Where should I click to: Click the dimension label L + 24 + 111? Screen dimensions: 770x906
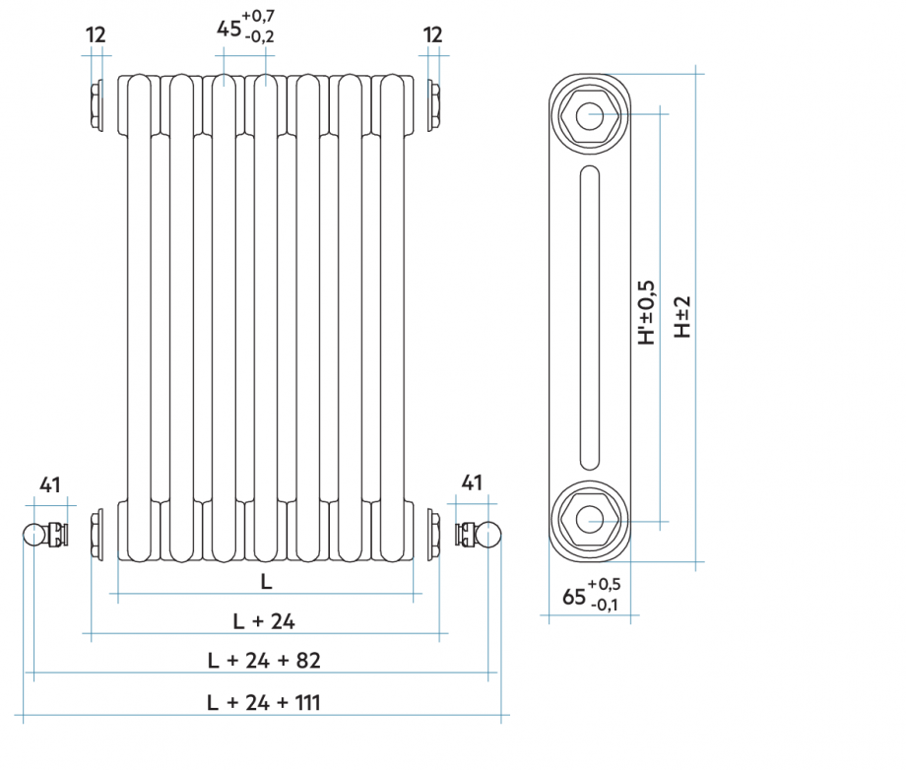(x=264, y=702)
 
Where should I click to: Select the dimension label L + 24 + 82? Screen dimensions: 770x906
(x=264, y=660)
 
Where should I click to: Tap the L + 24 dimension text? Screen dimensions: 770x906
(x=264, y=620)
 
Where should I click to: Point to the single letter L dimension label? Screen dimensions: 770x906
(x=266, y=581)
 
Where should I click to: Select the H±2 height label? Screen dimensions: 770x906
(x=682, y=317)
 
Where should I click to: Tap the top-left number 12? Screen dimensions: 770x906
(x=96, y=35)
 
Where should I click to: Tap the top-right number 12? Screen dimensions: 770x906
(x=433, y=35)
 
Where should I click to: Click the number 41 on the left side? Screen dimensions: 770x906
(x=50, y=483)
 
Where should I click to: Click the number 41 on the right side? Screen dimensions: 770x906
(x=473, y=482)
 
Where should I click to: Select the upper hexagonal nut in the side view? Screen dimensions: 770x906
(x=589, y=116)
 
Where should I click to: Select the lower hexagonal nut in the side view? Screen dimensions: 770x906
(x=589, y=519)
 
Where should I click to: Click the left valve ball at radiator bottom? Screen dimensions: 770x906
(x=34, y=535)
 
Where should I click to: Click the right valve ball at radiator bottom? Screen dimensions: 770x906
(x=488, y=535)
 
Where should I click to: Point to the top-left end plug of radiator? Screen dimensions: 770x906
(x=96, y=105)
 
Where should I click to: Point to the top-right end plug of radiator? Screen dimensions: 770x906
(x=433, y=105)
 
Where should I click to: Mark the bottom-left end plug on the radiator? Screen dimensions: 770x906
(x=96, y=535)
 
